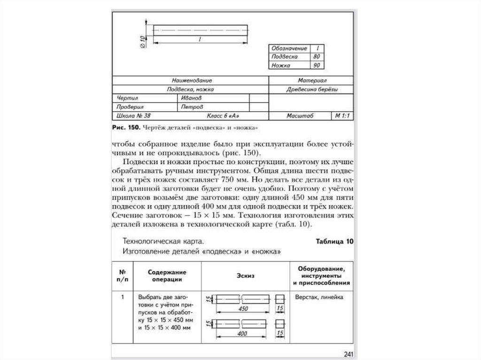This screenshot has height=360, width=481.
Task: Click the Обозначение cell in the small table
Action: click(x=289, y=48)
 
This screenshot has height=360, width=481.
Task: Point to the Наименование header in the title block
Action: click(x=191, y=81)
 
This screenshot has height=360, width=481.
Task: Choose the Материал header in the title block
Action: click(x=312, y=81)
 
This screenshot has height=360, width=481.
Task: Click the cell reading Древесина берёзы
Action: click(x=312, y=90)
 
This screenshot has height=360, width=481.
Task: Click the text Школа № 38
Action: click(x=133, y=116)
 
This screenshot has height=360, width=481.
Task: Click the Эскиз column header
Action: click(x=245, y=276)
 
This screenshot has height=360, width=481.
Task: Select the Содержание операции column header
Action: click(x=167, y=276)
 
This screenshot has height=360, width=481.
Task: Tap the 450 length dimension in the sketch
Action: click(x=243, y=309)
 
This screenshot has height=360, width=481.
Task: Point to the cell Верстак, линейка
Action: click(x=319, y=298)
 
